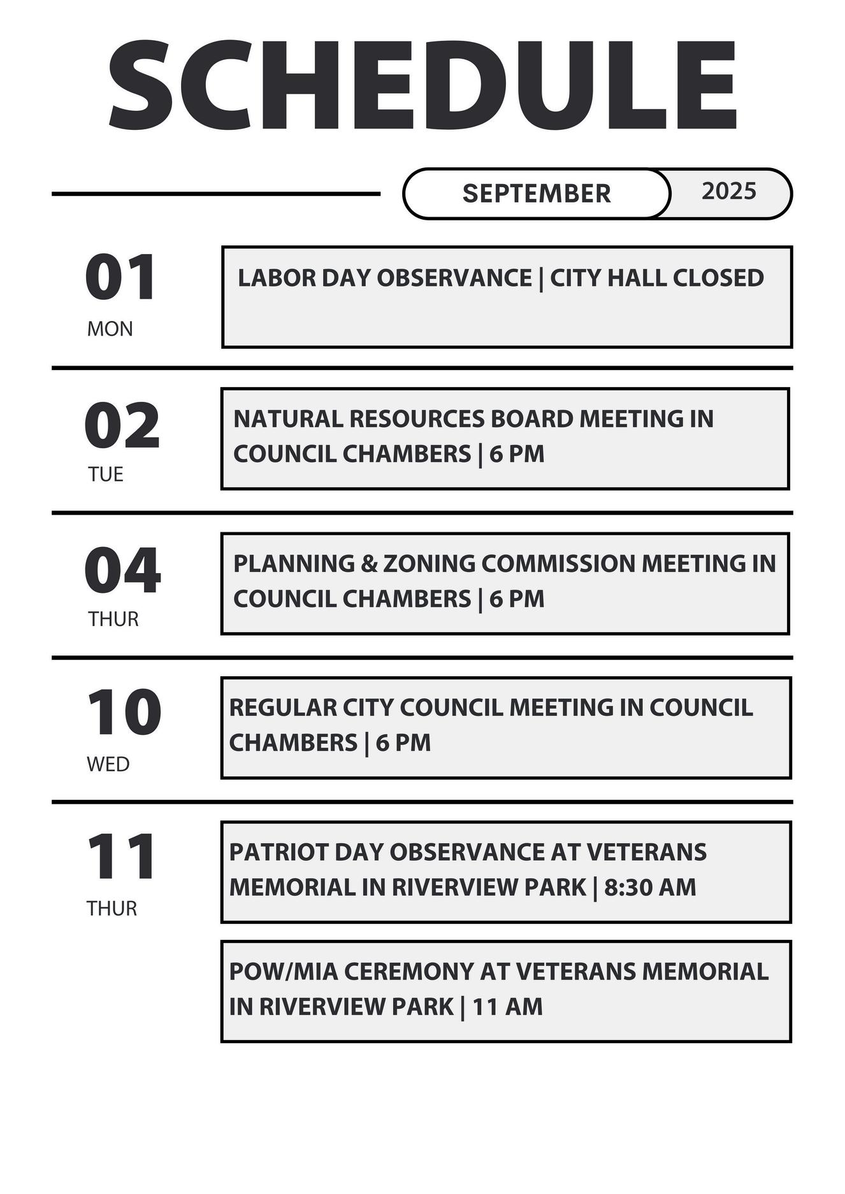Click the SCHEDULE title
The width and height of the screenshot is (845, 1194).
click(x=422, y=86)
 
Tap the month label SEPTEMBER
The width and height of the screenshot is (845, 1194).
click(x=537, y=194)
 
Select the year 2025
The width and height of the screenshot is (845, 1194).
click(x=729, y=191)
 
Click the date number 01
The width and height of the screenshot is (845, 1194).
click(x=120, y=278)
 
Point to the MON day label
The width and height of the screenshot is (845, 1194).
click(x=110, y=329)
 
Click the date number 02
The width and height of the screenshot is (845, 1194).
click(x=122, y=426)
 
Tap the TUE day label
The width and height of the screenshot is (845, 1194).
click(x=106, y=474)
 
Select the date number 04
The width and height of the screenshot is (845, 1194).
click(x=122, y=571)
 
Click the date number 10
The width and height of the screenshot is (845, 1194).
click(x=124, y=713)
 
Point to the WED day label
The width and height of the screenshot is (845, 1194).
click(x=108, y=764)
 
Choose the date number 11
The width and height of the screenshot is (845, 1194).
click(x=121, y=857)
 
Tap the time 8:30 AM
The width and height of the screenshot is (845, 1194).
click(x=650, y=887)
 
